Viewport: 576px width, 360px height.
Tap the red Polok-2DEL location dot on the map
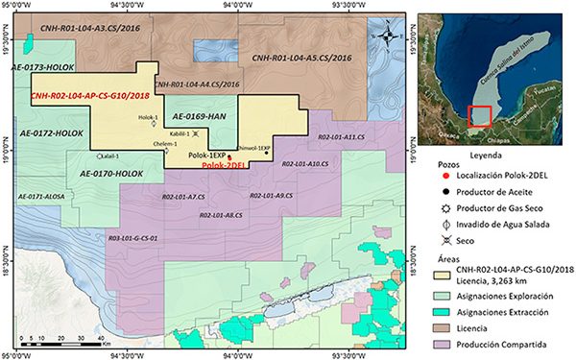[x=229, y=156]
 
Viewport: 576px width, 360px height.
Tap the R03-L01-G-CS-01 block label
[x=133, y=237]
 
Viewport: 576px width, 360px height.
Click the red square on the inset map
[x=480, y=116]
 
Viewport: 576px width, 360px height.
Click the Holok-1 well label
[x=148, y=117]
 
